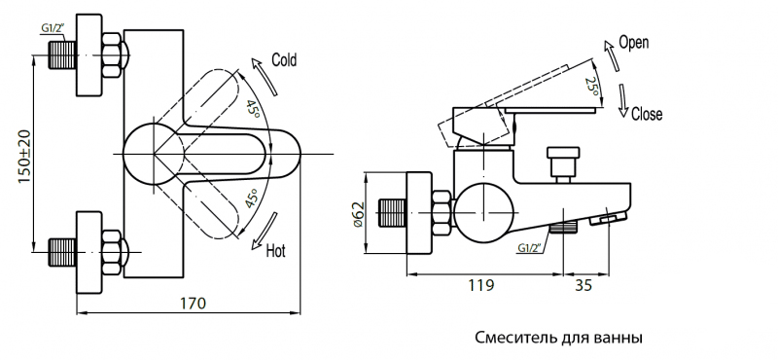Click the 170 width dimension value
(192, 303)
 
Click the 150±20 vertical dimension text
(25, 156)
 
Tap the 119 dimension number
(480, 285)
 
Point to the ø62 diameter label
(358, 214)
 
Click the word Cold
(284, 59)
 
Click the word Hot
(276, 250)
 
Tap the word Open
(634, 43)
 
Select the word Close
(647, 114)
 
